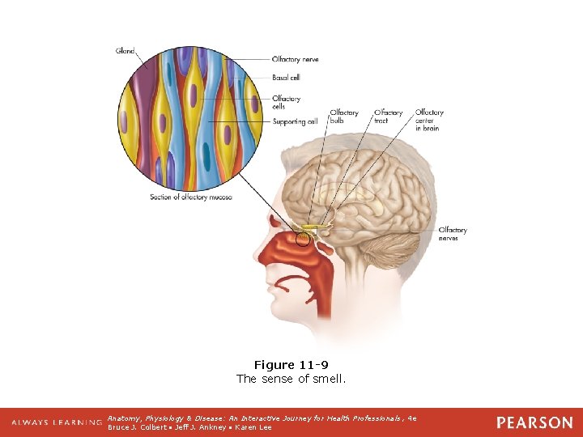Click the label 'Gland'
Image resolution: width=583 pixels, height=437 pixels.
(126, 52)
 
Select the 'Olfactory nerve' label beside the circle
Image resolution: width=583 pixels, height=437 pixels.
(294, 59)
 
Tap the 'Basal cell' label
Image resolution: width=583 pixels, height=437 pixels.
(286, 78)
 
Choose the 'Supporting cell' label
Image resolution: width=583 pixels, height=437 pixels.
(295, 122)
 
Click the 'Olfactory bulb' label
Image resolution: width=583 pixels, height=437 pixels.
(343, 117)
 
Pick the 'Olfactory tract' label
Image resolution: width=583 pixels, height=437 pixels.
(388, 117)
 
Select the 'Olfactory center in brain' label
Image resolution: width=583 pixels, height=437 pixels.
(429, 120)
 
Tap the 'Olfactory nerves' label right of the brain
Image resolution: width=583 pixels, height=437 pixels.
(453, 234)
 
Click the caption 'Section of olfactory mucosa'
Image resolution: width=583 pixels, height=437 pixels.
(191, 197)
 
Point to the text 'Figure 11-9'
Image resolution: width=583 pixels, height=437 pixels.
(291, 365)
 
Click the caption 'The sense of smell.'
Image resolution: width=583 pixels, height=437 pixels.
(291, 379)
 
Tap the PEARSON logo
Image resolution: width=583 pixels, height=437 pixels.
(534, 422)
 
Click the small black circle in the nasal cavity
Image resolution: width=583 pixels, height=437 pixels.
(303, 239)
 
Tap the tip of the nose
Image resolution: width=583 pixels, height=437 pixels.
(257, 257)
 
